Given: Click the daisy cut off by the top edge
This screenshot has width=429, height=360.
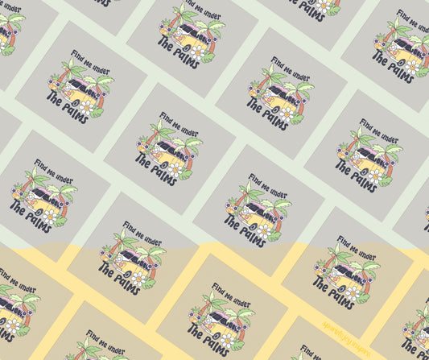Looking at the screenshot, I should coord(322,4).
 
